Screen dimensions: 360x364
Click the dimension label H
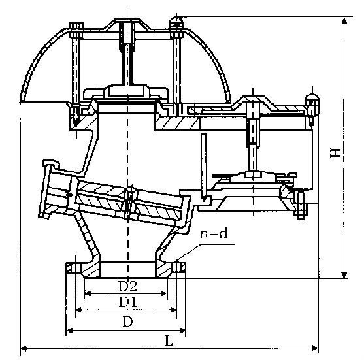pyautogui.click(x=336, y=153)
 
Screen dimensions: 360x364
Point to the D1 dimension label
pyautogui.click(x=127, y=302)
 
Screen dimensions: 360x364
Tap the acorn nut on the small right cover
pyautogui.click(x=312, y=100)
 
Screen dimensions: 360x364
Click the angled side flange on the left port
pyautogui.click(x=48, y=189)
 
